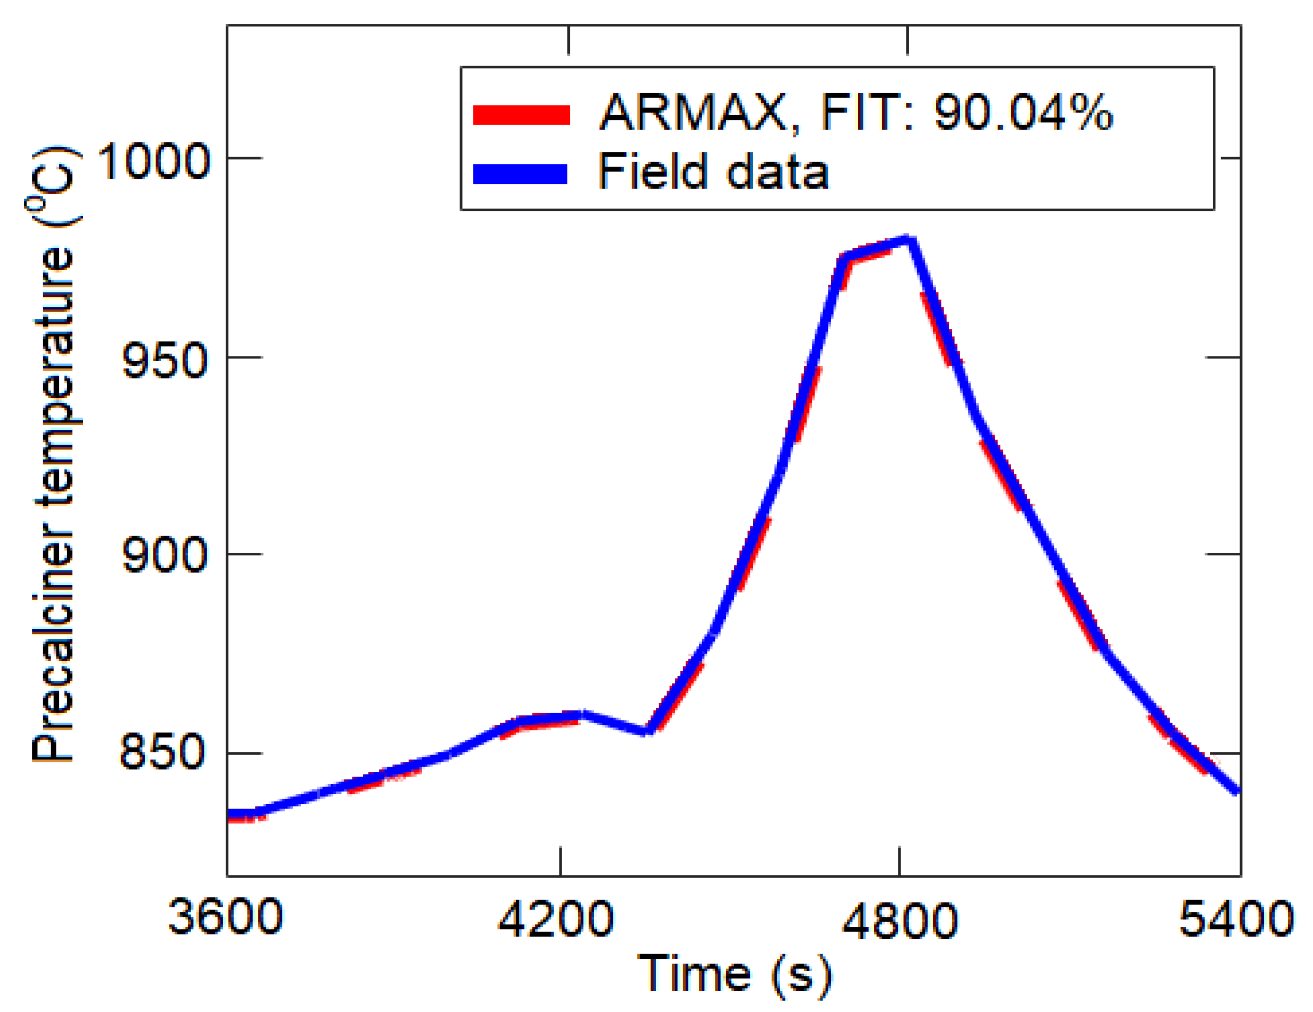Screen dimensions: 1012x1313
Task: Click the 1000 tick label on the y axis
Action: (153, 161)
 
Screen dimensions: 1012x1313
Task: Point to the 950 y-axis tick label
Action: (164, 361)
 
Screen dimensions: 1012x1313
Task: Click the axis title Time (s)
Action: (734, 974)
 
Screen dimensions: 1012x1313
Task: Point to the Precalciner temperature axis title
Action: (54, 454)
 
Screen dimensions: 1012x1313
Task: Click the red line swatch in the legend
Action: (521, 115)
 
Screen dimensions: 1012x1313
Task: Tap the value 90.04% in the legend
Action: (1023, 113)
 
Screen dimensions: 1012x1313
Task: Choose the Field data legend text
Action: (713, 172)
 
